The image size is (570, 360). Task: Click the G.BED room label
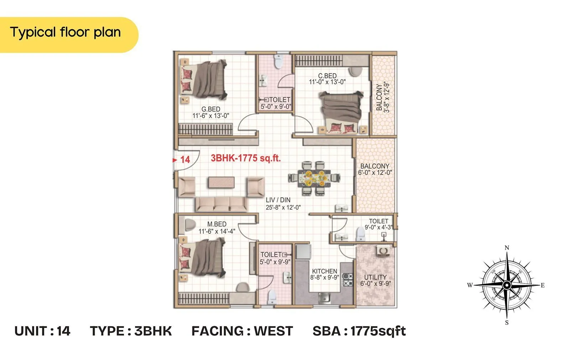[x=211, y=109]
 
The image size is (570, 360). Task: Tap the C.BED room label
[x=327, y=76]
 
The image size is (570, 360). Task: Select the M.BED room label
[x=217, y=224]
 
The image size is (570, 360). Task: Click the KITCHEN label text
[x=324, y=271]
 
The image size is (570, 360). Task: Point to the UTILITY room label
[x=375, y=277]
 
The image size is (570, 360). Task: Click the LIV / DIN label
[x=278, y=200]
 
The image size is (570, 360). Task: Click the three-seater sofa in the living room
[x=221, y=204]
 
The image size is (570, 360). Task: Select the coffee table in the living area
[x=221, y=182]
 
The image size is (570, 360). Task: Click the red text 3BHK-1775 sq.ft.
[x=245, y=158]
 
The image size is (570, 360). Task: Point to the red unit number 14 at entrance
[x=185, y=160]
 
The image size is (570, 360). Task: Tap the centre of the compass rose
[x=507, y=285]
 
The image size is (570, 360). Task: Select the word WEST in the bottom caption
[x=273, y=331]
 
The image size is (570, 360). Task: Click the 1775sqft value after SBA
[x=378, y=331]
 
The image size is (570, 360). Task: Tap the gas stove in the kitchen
[x=347, y=280]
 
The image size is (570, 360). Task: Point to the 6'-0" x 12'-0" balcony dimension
[x=375, y=173]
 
